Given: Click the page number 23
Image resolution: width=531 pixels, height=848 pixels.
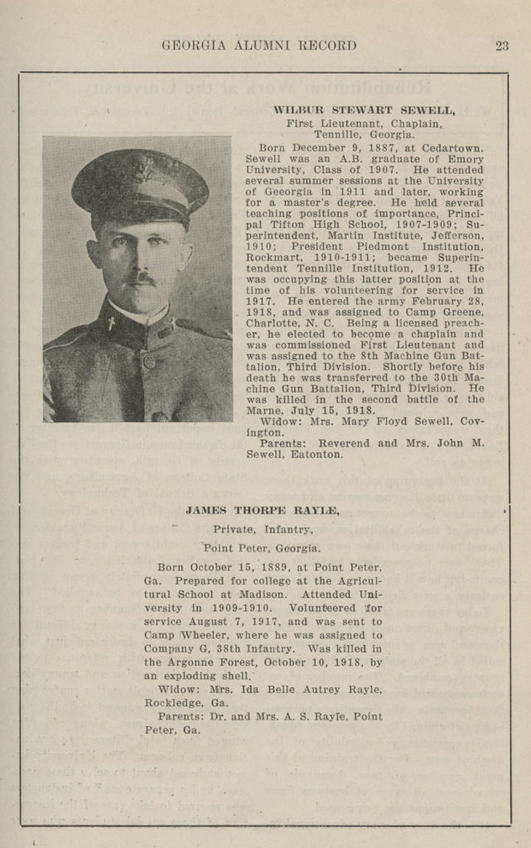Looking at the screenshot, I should coord(502,46).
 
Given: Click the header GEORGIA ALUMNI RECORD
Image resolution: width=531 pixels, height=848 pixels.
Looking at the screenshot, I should coord(259,46).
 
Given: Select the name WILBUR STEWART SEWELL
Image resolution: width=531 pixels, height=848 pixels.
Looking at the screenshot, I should coord(364,109).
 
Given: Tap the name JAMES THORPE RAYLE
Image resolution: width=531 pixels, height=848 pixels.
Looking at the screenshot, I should coord(262,511).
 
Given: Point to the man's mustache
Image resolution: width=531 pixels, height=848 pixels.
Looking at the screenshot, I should coord(140,279).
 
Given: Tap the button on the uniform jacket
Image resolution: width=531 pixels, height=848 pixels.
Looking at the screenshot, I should coord(148,360).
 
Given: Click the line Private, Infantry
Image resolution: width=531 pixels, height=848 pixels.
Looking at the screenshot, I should coord(262,529).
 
